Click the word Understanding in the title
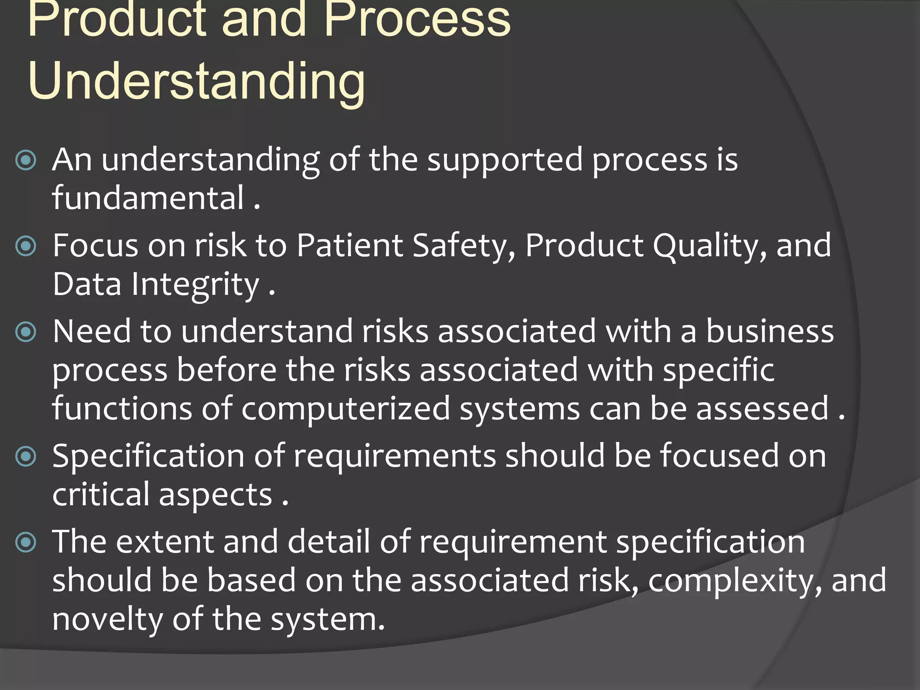(x=196, y=81)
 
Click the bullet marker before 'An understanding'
(x=26, y=160)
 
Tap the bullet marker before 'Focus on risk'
(x=26, y=246)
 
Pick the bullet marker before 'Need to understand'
(x=26, y=332)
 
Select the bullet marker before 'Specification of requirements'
(x=26, y=457)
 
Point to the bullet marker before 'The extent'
(x=26, y=542)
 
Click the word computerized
(x=345, y=409)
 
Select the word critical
(x=101, y=494)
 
